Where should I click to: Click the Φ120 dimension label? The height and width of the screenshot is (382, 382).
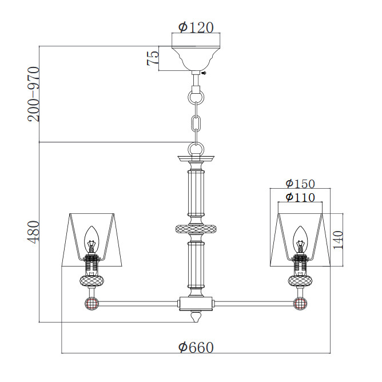tap(196, 27)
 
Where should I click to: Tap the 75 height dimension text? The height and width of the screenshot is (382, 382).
tap(153, 58)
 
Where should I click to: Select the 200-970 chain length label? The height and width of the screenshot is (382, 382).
tap(33, 94)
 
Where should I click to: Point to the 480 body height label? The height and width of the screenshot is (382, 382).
tap(33, 232)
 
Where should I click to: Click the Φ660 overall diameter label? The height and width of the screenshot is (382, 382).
tap(196, 347)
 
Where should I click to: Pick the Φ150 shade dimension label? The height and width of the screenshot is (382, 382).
tap(300, 184)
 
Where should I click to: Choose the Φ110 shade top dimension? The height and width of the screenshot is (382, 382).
tap(300, 197)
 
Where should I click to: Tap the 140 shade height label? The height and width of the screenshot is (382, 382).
tap(338, 240)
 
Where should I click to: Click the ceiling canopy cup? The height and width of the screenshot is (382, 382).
tap(196, 58)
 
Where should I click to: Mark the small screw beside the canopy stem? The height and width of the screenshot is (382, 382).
tap(204, 73)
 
